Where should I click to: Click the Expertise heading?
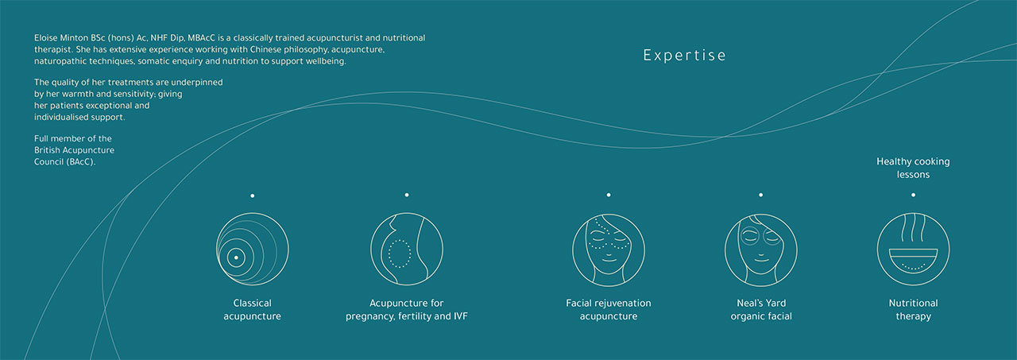pos(684,56)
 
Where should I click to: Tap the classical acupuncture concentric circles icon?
pos(252,250)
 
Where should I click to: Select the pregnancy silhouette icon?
pos(407,250)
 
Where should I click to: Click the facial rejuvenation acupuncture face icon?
pos(609,250)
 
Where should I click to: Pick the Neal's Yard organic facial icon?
pos(761,250)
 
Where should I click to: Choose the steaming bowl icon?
pos(913,250)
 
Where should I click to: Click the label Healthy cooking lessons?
pos(913,168)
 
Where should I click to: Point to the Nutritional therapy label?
pos(913,310)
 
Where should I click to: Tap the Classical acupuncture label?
pos(252,310)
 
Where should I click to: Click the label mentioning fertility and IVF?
pos(407,310)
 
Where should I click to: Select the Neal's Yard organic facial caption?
pos(761,310)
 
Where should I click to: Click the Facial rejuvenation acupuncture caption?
pos(609,310)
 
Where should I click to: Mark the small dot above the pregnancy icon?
pos(407,195)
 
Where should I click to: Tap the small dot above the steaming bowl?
pos(913,195)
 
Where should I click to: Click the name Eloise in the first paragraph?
pos(46,38)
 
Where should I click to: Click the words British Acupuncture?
pos(74,150)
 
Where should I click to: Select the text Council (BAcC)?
pos(65,162)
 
